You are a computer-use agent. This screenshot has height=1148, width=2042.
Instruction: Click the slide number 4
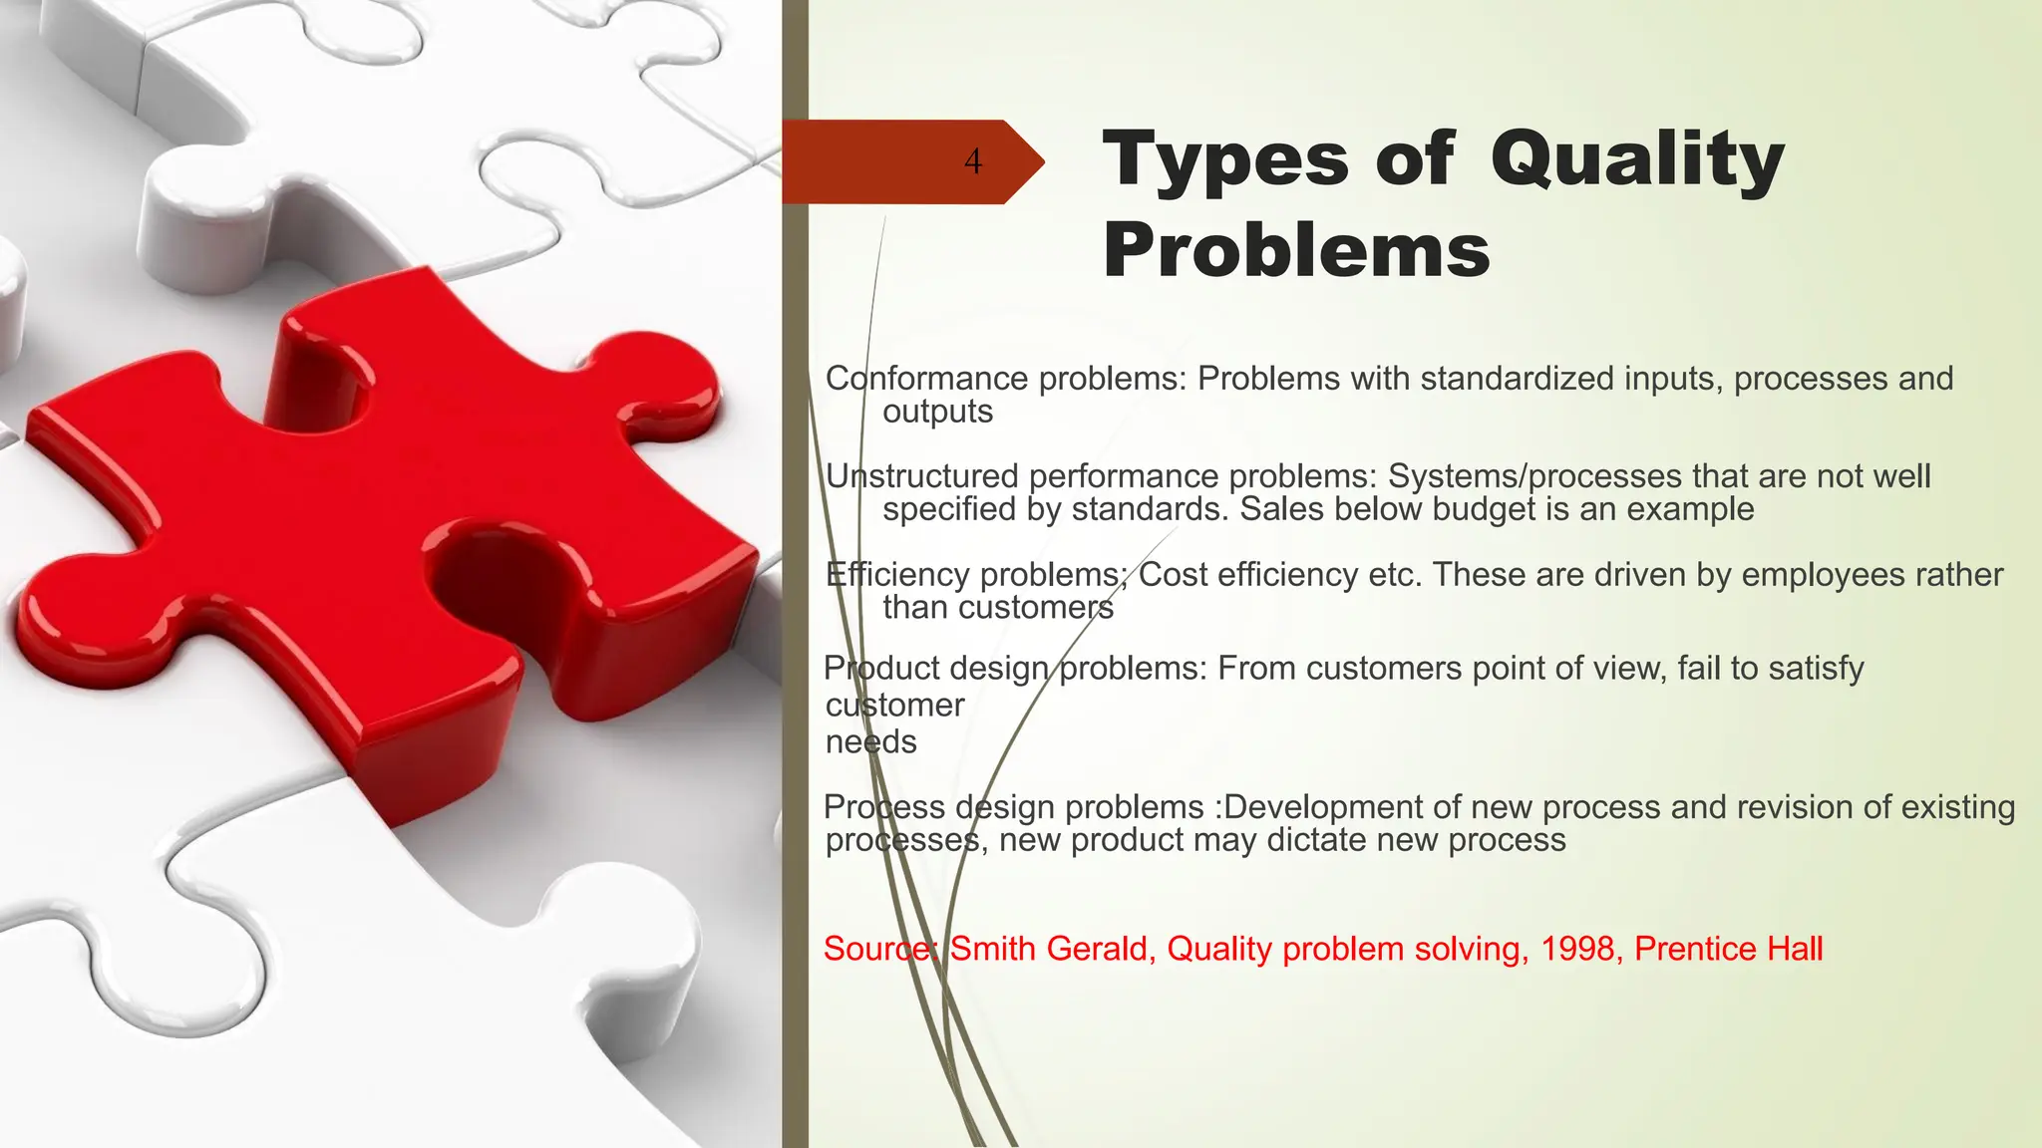(x=973, y=161)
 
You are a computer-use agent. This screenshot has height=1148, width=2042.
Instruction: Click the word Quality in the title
(x=1636, y=159)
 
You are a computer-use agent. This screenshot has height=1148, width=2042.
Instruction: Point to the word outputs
(x=937, y=412)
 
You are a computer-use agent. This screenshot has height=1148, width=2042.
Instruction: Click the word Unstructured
(x=922, y=476)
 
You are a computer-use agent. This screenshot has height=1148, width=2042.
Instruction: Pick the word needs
(x=870, y=742)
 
